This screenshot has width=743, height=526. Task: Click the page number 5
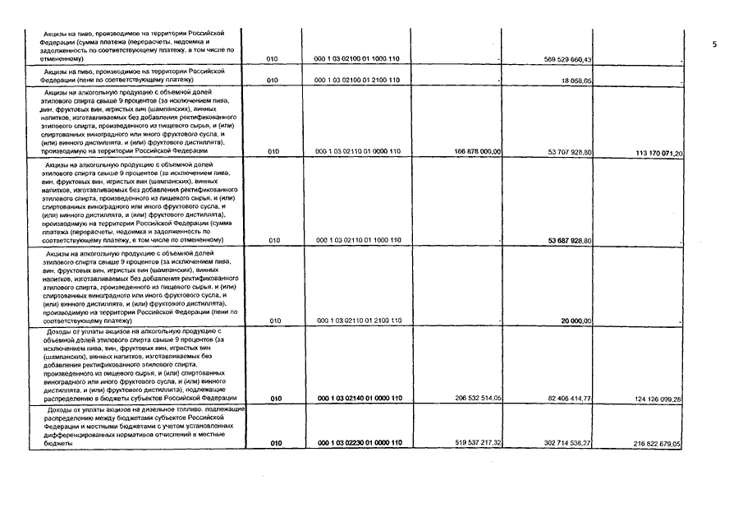(x=714, y=45)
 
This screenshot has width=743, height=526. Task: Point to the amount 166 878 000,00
(x=477, y=152)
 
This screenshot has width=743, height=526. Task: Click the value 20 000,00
(x=576, y=321)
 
